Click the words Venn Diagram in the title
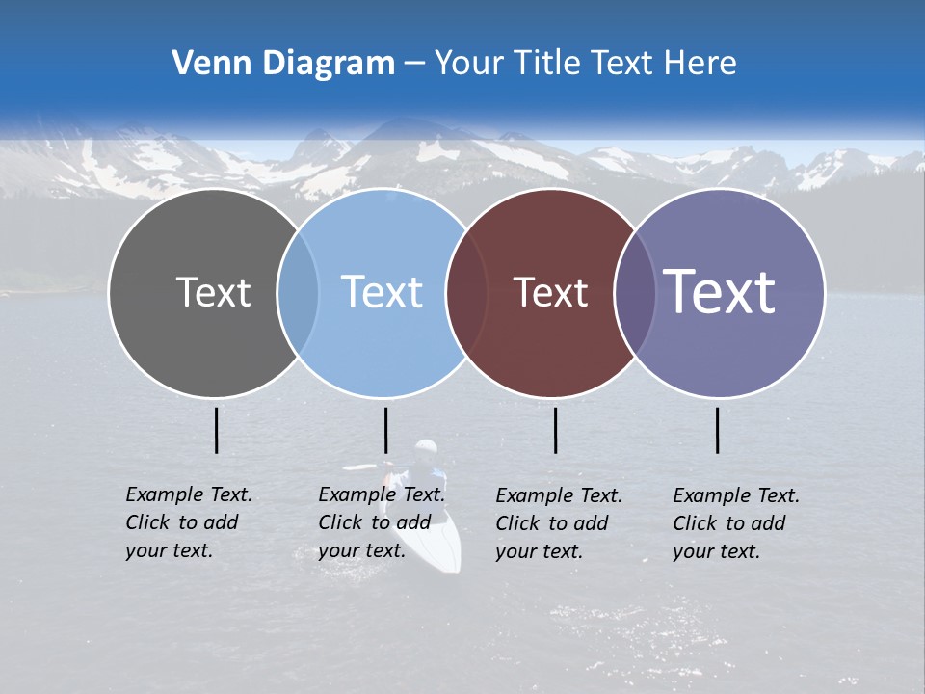point(283,64)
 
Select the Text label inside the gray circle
point(213,292)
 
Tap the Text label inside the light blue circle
point(382,292)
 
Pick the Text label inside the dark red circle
point(550,292)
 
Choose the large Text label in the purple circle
point(720,292)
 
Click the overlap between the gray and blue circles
point(298,292)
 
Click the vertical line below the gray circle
point(217,430)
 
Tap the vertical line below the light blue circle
point(385,430)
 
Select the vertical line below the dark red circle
point(555,430)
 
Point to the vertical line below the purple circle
point(717,430)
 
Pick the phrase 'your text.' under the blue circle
point(361,550)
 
